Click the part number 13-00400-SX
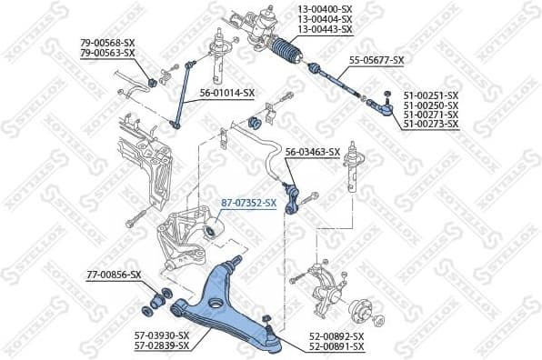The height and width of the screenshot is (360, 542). click(x=323, y=10)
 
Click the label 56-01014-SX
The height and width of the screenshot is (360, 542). click(x=228, y=92)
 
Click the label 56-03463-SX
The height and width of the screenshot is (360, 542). click(x=313, y=152)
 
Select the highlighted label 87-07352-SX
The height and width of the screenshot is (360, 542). click(x=250, y=204)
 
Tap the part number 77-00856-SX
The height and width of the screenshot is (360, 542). click(x=115, y=274)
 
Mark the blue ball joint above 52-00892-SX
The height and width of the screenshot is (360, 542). click(x=268, y=325)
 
